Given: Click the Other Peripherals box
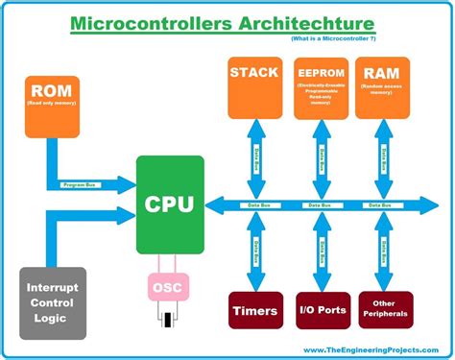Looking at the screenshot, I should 383,309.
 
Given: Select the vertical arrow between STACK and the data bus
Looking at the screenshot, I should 256,158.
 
